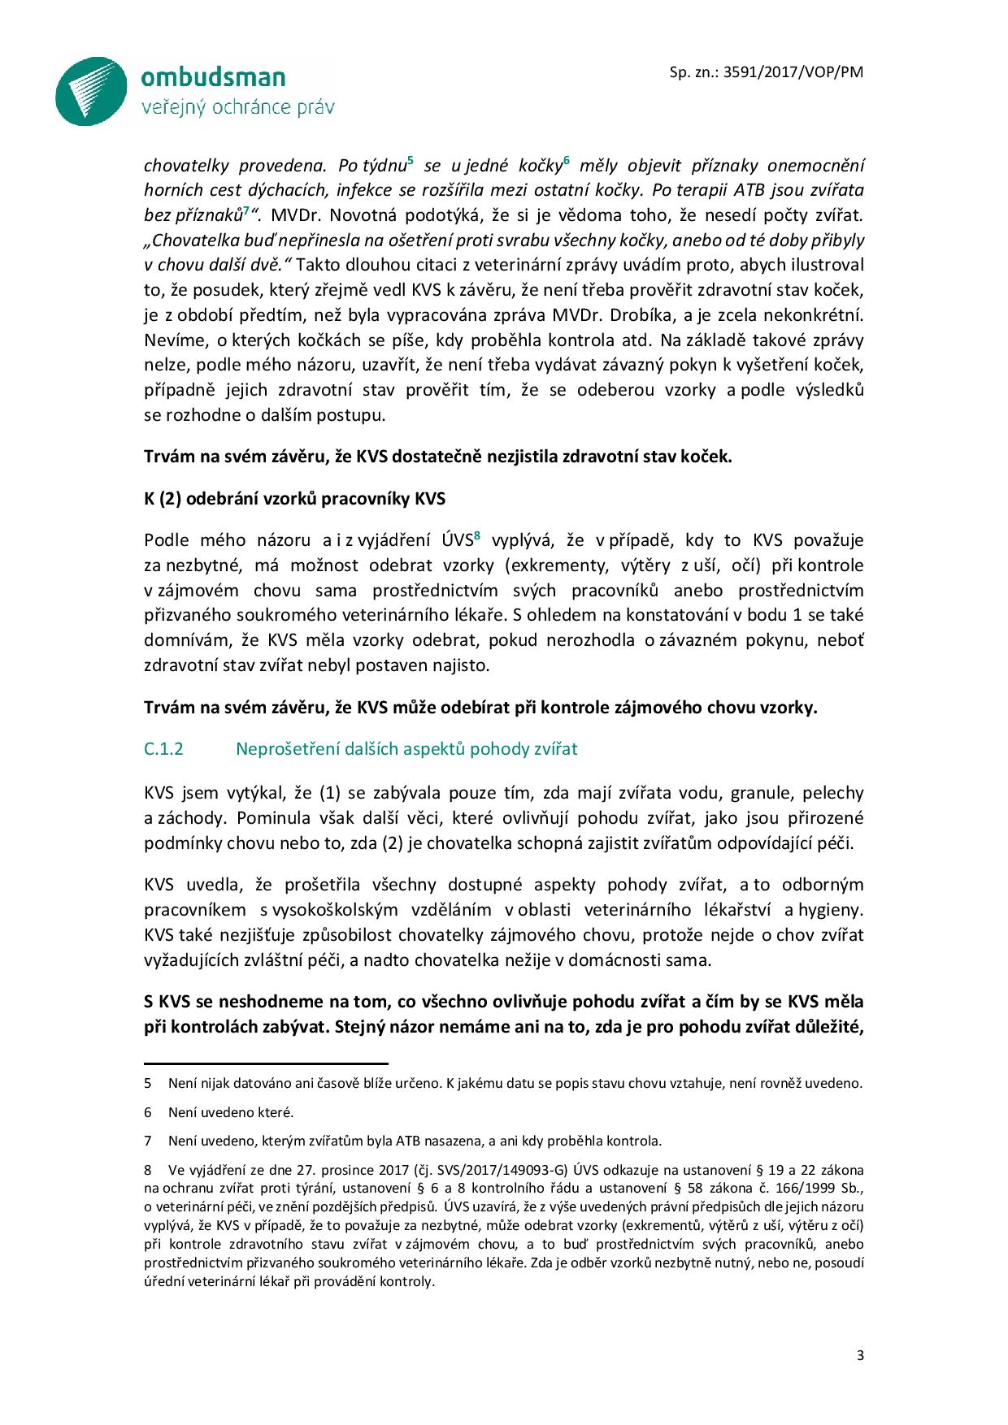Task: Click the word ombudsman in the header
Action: pos(213,78)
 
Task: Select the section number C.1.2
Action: pos(163,749)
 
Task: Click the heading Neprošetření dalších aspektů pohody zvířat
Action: pos(406,749)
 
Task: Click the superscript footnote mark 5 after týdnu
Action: pos(411,160)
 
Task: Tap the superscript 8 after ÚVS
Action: pos(477,535)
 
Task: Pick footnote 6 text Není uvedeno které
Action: pos(231,1112)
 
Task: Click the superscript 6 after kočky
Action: pos(566,160)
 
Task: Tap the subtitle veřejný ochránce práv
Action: pos(237,107)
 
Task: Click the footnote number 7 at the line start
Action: pos(148,1141)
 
